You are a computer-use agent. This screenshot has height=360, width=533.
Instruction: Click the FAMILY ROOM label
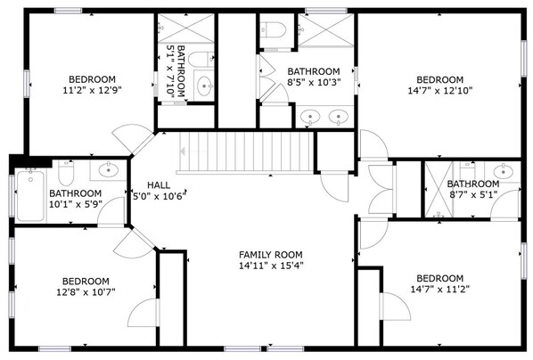tap(271, 255)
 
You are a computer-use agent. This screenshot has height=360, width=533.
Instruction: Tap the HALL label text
tap(159, 185)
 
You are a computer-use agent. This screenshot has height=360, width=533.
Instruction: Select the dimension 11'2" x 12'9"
tap(92, 90)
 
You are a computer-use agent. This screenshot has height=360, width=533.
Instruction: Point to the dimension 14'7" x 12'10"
tap(440, 90)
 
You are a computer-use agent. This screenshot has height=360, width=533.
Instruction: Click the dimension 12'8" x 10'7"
tap(86, 292)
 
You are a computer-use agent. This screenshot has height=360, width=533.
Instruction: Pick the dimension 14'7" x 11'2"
tap(440, 290)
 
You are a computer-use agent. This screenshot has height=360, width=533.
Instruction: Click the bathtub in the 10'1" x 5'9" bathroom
tap(30, 196)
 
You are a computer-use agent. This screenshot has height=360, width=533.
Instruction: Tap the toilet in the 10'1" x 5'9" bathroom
tap(66, 172)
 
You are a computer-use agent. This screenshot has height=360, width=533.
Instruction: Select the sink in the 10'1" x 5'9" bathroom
tap(109, 169)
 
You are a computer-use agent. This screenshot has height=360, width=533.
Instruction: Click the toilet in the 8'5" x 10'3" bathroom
tap(273, 30)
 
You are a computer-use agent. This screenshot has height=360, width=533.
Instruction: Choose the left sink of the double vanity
tap(310, 117)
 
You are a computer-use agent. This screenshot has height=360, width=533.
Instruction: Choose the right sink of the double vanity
tap(338, 117)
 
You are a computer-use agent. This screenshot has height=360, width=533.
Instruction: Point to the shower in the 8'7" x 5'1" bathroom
tap(439, 189)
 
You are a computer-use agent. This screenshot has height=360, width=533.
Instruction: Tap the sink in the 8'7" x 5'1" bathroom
tap(503, 171)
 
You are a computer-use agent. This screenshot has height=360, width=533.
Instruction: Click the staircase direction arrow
tap(182, 151)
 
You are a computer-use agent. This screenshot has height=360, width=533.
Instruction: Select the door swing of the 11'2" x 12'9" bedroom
tap(133, 139)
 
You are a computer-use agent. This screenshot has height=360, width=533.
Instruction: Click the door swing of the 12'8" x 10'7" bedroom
tap(134, 243)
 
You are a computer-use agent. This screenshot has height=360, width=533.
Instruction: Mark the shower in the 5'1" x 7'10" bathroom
tap(186, 29)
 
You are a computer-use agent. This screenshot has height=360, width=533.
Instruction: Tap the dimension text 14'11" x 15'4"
tap(271, 266)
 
